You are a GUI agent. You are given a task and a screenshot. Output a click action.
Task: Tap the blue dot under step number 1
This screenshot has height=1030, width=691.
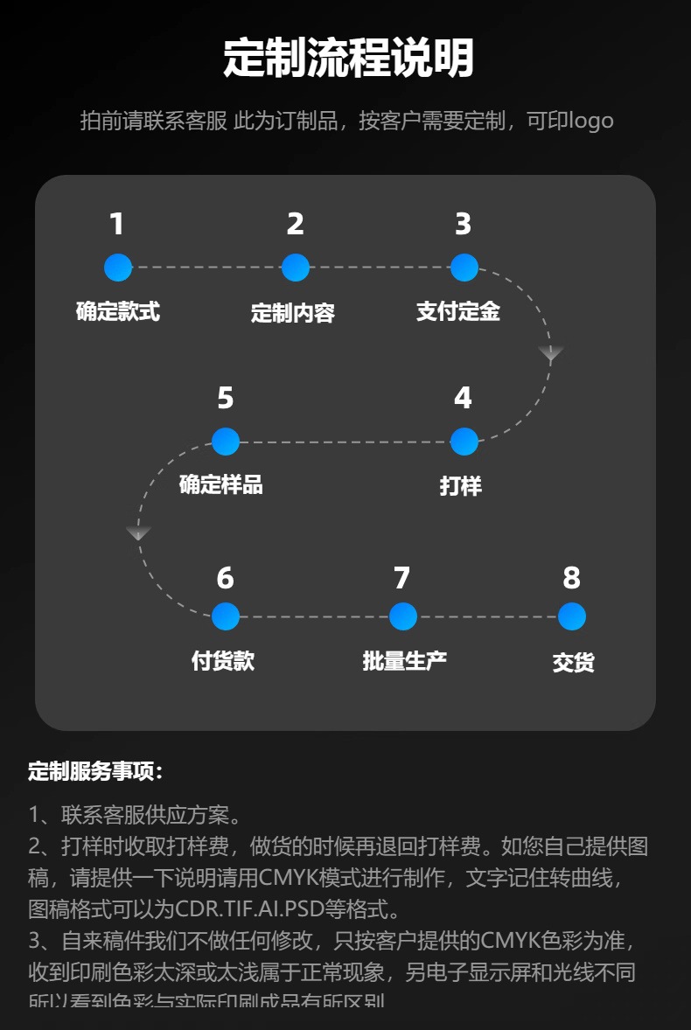pos(118,268)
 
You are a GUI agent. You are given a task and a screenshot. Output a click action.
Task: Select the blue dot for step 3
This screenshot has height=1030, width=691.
pos(464,268)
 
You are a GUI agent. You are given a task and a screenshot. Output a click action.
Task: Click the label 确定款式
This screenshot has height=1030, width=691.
pos(118,311)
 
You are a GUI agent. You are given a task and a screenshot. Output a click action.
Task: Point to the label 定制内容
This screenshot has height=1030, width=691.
pos(293,313)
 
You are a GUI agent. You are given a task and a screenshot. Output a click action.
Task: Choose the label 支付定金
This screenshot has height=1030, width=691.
pos(458,311)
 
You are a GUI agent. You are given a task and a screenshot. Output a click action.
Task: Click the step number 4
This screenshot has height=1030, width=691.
pos(463,399)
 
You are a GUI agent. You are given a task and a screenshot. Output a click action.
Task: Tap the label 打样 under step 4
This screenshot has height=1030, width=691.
pos(461,486)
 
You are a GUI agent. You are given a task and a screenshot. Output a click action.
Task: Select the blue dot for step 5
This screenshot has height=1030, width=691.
pos(226,442)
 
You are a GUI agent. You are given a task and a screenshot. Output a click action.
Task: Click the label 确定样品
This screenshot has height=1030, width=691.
pos(221,484)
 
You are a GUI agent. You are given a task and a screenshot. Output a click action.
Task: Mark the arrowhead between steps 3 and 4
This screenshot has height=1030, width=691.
pos(550,353)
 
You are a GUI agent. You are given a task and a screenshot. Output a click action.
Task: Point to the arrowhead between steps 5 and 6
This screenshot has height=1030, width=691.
pos(138,532)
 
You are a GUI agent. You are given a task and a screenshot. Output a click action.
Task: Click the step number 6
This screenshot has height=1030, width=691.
pos(225,578)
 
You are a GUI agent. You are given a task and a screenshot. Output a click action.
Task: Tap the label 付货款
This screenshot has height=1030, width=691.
pos(223,661)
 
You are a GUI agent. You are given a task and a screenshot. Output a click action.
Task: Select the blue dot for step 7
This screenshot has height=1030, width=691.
pos(402,616)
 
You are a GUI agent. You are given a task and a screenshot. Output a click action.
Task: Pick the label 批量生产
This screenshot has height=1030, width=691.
pos(405,661)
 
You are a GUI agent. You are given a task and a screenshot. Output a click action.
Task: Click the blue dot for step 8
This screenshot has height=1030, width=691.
pos(571,616)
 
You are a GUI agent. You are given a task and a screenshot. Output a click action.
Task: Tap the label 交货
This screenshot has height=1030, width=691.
pos(574,663)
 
